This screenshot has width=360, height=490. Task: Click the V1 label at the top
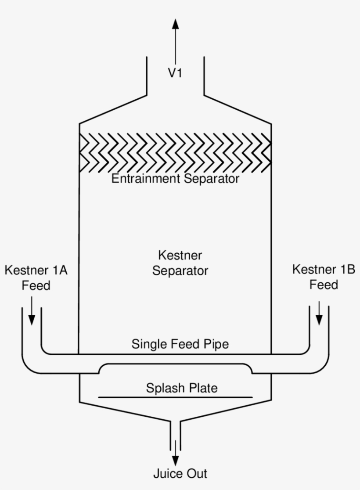click(x=175, y=73)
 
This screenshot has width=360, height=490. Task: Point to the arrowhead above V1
click(x=175, y=24)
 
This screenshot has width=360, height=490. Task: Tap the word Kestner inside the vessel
click(x=180, y=255)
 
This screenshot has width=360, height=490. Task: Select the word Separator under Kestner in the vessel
click(x=180, y=270)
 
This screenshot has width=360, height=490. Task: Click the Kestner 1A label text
click(x=36, y=270)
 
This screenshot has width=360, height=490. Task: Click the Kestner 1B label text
click(x=324, y=269)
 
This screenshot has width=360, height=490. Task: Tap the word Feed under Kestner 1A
click(x=36, y=285)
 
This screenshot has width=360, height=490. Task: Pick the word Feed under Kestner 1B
click(x=324, y=285)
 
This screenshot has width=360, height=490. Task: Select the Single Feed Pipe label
click(x=180, y=344)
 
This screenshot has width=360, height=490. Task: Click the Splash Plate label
click(x=182, y=388)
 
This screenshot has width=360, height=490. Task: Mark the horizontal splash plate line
click(x=176, y=397)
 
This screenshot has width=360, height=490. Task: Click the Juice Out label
click(x=180, y=474)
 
